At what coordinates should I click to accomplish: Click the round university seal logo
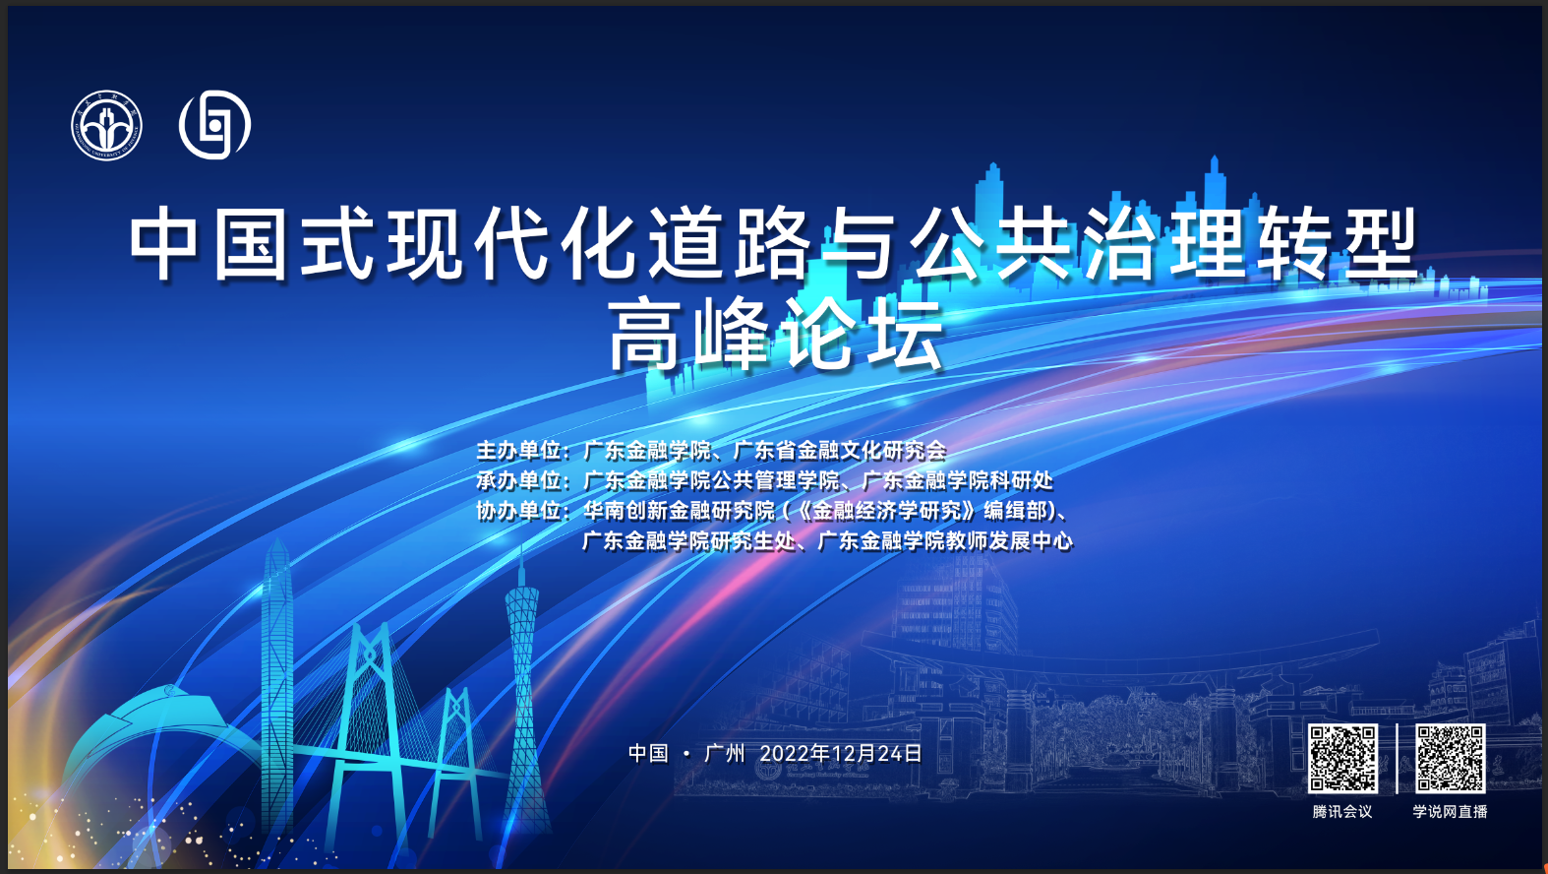tap(107, 125)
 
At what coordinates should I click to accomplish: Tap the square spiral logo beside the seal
tap(215, 124)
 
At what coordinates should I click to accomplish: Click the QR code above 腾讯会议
tap(1342, 759)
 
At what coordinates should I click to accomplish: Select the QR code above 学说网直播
tap(1451, 759)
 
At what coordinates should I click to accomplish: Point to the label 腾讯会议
tap(1342, 812)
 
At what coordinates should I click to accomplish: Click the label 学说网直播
tap(1450, 812)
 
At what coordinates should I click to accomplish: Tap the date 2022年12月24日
tap(840, 754)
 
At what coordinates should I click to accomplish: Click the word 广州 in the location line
tap(724, 754)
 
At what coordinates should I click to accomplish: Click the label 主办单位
tap(519, 451)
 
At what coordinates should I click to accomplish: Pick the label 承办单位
tap(519, 480)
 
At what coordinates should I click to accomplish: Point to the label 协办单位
tap(519, 511)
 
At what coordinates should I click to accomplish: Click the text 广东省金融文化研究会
tap(840, 451)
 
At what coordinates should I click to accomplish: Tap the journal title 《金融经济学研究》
tap(887, 511)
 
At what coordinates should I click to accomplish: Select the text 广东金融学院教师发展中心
tap(945, 540)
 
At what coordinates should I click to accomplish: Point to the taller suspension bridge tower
tap(370, 726)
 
